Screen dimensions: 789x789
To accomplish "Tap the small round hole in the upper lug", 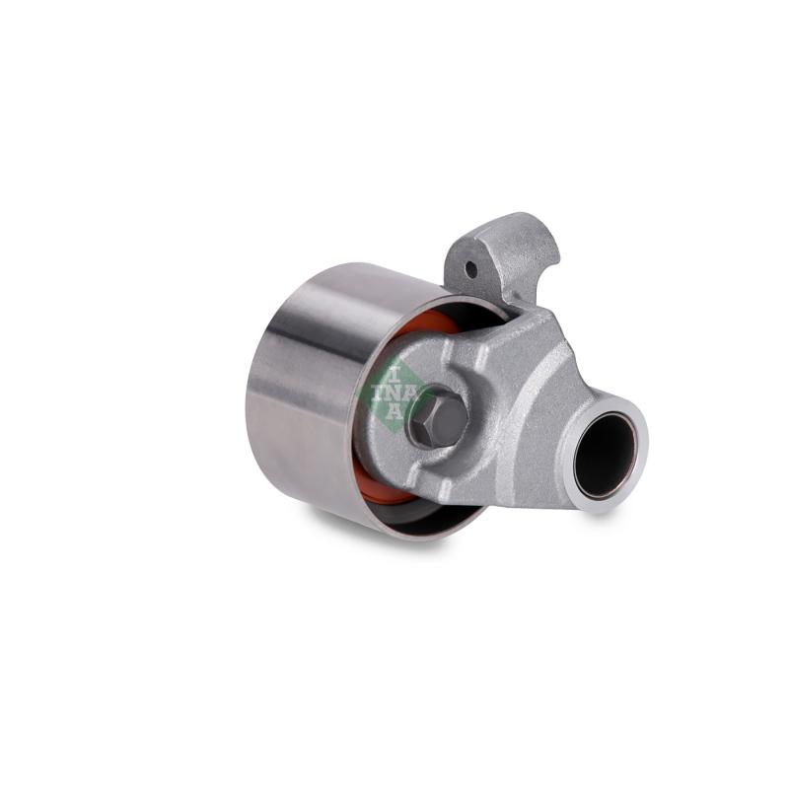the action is click(x=470, y=270).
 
